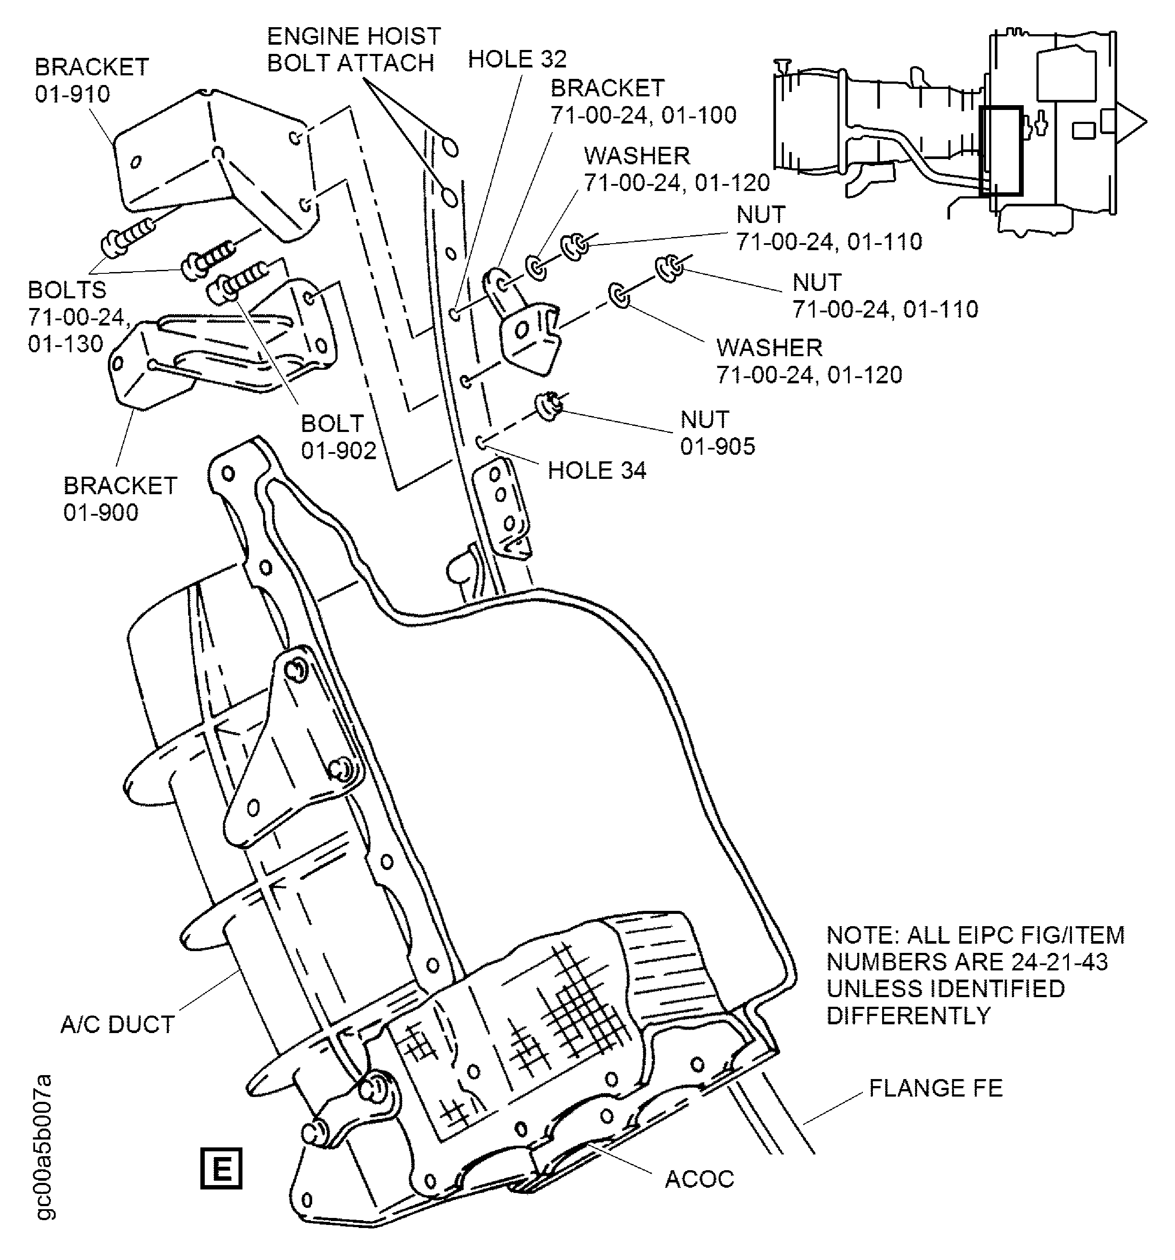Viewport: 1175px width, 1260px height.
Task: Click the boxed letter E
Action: pos(221,1167)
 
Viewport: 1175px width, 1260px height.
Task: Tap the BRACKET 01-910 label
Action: pos(91,80)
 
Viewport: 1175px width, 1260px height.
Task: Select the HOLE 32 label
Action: pos(517,59)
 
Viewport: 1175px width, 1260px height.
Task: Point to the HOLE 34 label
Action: pos(596,470)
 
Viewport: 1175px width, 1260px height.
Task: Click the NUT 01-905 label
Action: pos(717,433)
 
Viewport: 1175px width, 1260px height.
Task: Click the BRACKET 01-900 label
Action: pos(120,499)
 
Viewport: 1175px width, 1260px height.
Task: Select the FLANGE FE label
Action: pos(935,1088)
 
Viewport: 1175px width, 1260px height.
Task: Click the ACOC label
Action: pos(699,1179)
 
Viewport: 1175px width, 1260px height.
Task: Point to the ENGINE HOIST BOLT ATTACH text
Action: pos(353,50)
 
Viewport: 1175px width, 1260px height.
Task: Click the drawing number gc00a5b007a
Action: pos(44,1147)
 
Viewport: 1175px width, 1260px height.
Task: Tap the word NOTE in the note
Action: pos(861,935)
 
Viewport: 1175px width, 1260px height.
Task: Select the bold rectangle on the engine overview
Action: pos(1001,150)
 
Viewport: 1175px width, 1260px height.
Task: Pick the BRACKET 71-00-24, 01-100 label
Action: pos(642,101)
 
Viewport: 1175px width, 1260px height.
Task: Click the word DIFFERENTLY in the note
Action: pos(908,1016)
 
